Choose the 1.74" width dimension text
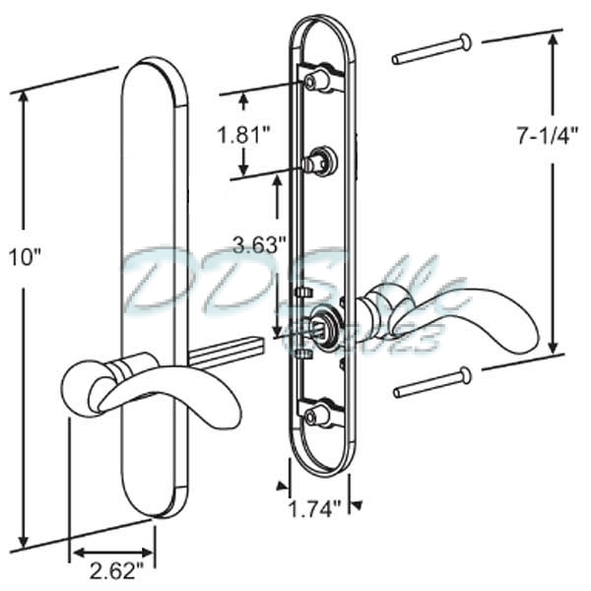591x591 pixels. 316,508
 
